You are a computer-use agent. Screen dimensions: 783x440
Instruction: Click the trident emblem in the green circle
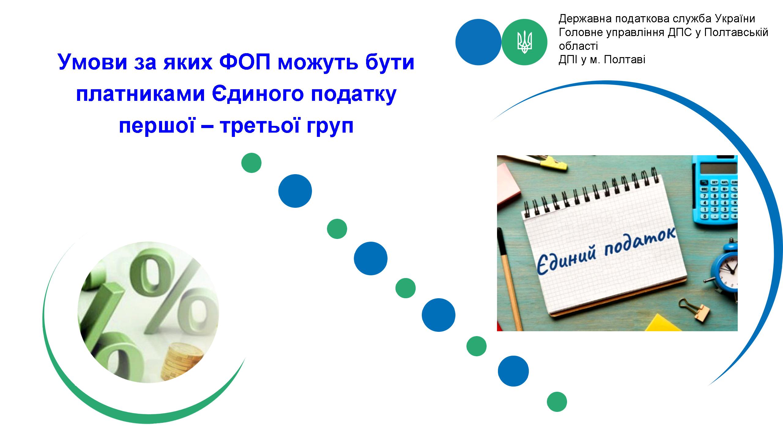click(x=525, y=42)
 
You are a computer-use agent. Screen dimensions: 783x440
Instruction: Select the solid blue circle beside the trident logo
click(x=478, y=42)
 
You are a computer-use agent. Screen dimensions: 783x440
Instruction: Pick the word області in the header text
click(x=578, y=46)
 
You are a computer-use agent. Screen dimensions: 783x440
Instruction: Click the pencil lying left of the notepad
click(x=509, y=280)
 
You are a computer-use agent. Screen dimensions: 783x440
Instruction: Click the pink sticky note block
click(x=508, y=184)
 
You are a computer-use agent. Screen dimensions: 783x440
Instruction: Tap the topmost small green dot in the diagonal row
click(x=251, y=163)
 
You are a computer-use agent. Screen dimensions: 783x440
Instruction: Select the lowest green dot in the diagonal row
click(x=557, y=402)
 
